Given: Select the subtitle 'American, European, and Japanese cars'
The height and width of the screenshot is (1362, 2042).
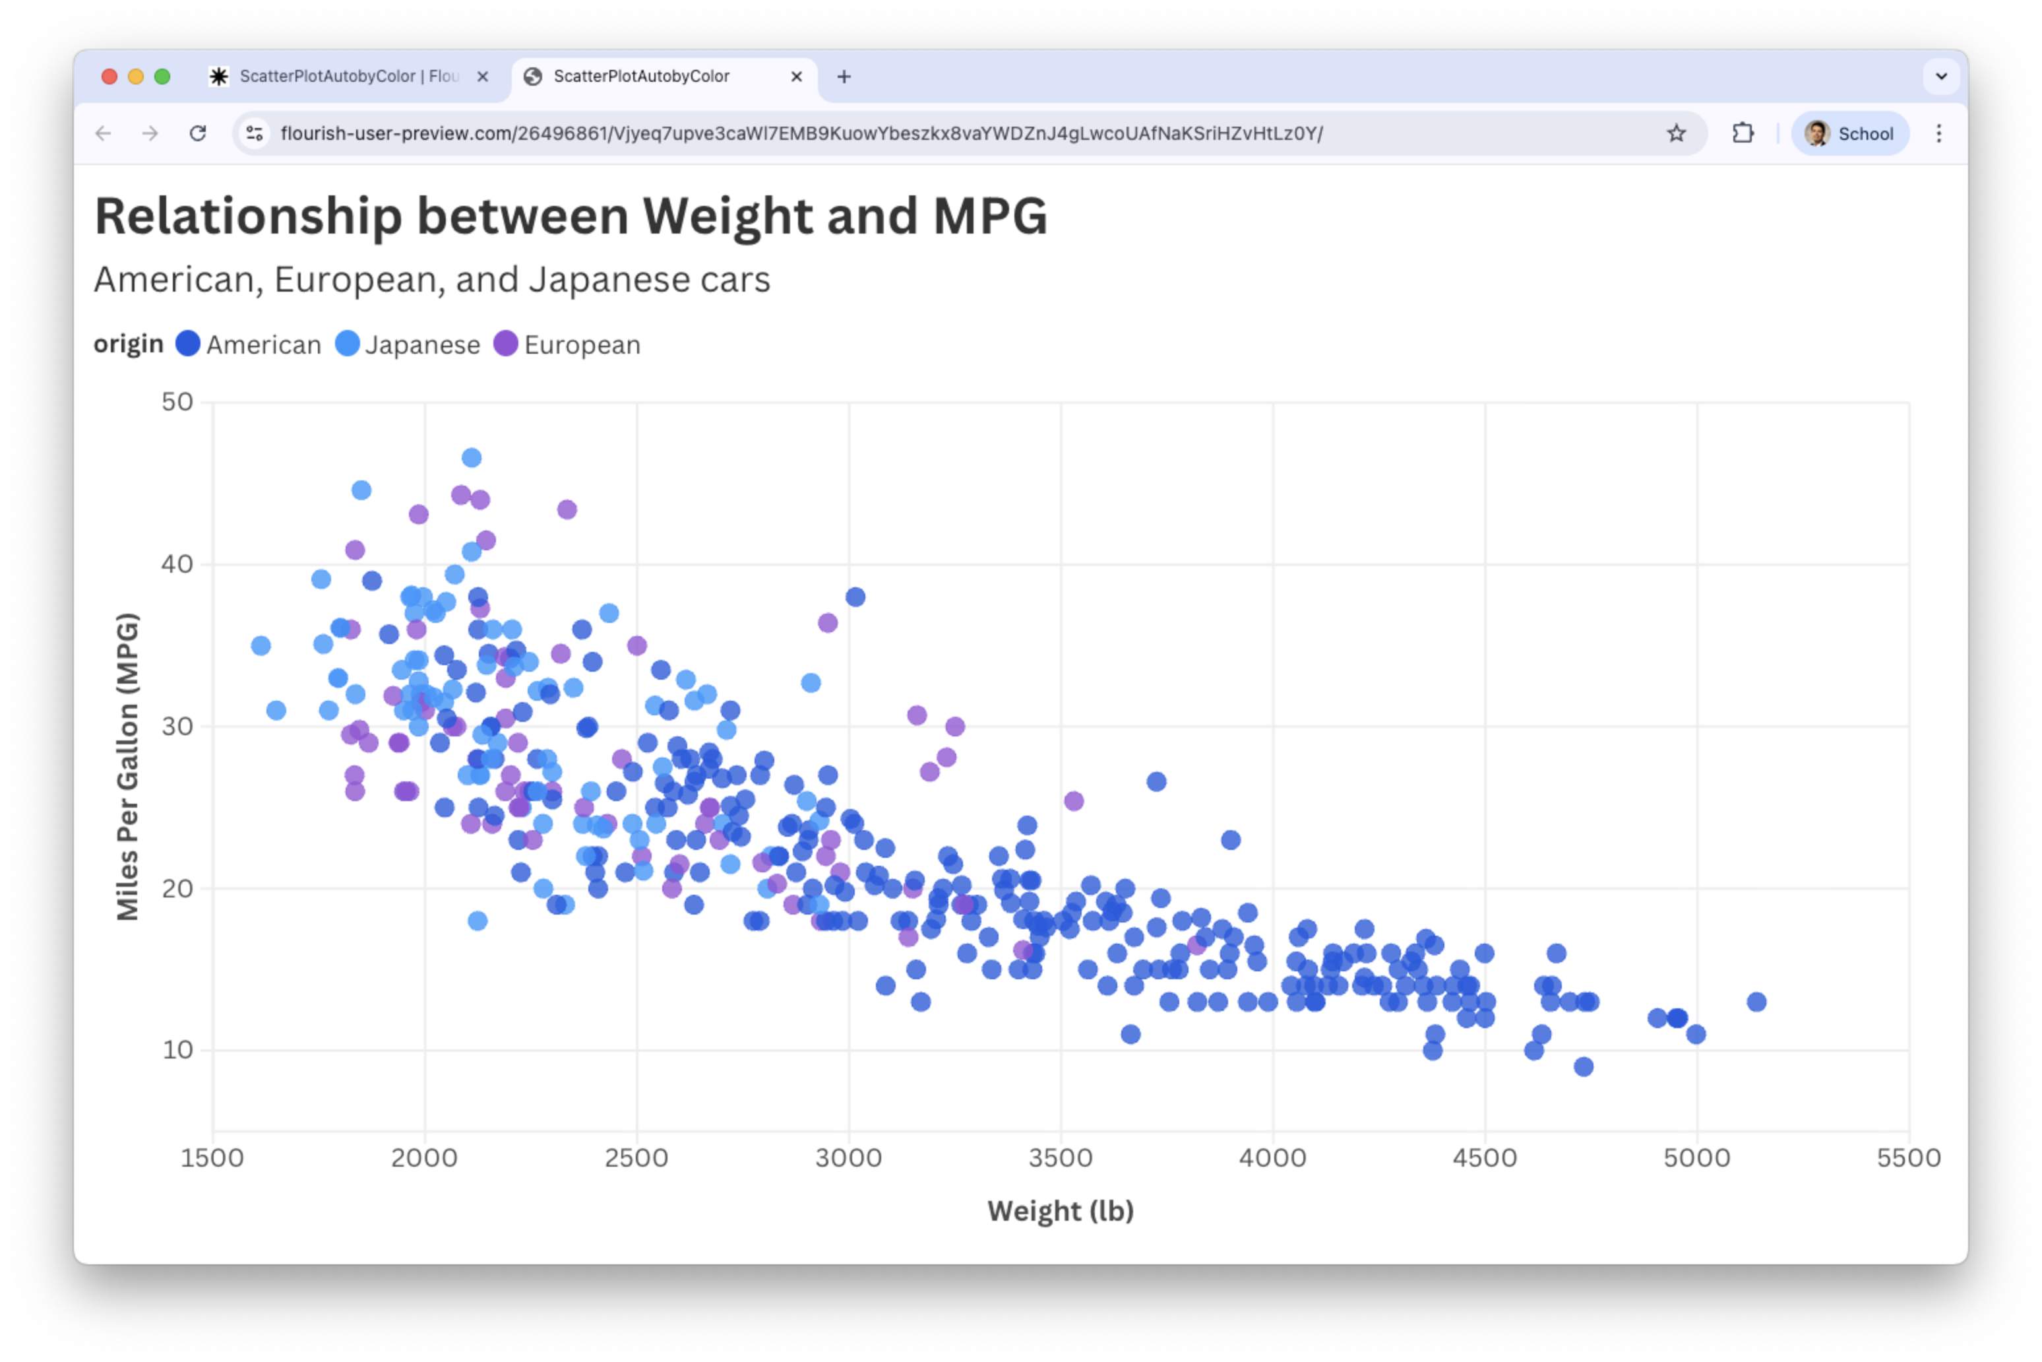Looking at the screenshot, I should (x=431, y=280).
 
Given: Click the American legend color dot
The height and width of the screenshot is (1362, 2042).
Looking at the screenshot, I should (x=187, y=344).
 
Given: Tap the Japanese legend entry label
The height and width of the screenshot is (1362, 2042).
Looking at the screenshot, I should (x=422, y=345).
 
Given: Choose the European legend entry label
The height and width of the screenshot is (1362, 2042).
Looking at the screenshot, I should (x=582, y=345).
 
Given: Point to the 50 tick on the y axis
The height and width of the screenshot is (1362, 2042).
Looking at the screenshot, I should (x=177, y=402).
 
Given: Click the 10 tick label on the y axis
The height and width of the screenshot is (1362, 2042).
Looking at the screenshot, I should (x=177, y=1050).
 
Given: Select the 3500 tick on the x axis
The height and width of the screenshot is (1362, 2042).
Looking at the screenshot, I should (x=1060, y=1158).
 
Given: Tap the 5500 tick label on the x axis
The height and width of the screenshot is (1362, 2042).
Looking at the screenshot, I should (x=1907, y=1158).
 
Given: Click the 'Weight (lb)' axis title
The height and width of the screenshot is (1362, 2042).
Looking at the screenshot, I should (x=1060, y=1211).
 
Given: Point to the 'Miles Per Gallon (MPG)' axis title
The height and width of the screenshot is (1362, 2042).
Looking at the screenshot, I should (x=128, y=766).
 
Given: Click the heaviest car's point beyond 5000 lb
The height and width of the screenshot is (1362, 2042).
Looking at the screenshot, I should (x=1756, y=1002).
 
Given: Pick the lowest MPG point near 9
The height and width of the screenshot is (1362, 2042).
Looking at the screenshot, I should (x=1584, y=1066).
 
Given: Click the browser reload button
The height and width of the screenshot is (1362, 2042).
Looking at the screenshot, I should (x=198, y=133).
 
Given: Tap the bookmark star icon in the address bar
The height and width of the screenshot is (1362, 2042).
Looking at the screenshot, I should (x=1676, y=133).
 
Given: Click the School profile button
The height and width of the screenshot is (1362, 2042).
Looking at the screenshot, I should (x=1850, y=133).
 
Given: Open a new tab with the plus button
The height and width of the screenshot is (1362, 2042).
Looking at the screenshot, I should (x=843, y=77).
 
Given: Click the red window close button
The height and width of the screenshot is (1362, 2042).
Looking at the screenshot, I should (x=109, y=77).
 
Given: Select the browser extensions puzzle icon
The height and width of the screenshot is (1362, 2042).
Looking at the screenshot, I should (x=1743, y=133).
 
